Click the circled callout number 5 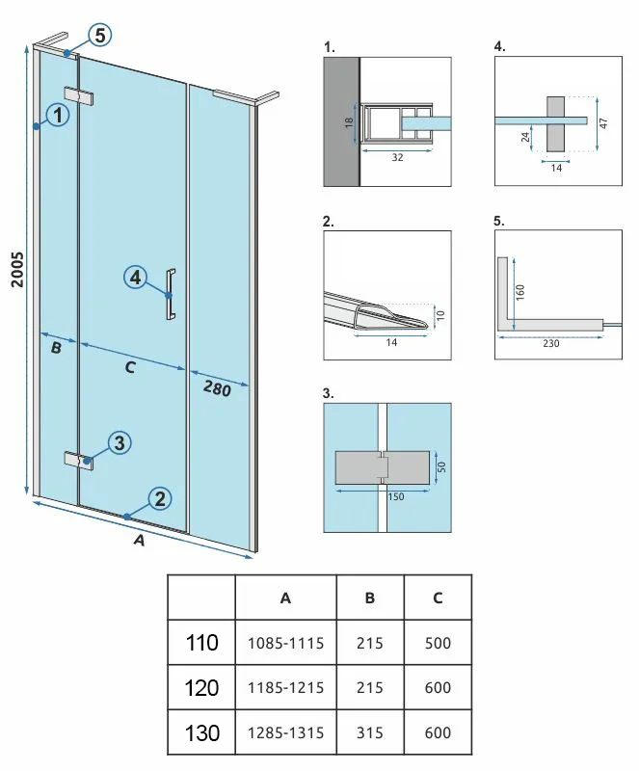pos(100,36)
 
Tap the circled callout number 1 pos(58,115)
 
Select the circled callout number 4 pos(135,278)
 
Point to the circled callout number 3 pos(120,442)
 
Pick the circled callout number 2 pos(160,498)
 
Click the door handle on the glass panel pos(171,295)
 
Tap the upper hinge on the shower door pos(79,96)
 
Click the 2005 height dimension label pos(17,269)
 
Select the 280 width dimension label pos(217,389)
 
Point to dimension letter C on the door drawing pos(130,367)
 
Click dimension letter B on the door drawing pos(56,348)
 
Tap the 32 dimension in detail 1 pos(397,157)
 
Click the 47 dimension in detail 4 pos(604,123)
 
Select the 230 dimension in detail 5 pos(550,344)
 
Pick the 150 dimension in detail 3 pos(395,496)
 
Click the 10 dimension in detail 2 pos(440,315)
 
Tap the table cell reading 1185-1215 pos(286,687)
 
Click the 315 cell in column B pos(370,732)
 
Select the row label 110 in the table pos(201,642)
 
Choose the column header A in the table pos(285,598)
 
